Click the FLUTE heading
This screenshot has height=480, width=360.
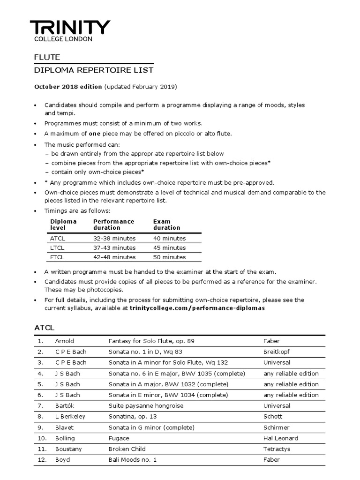(47, 57)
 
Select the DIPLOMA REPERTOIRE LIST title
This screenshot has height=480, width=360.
(94, 70)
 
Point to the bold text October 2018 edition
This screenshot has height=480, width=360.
(68, 87)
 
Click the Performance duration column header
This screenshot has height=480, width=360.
(113, 225)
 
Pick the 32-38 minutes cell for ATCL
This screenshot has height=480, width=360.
(114, 238)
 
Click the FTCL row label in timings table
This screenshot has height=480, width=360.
(57, 257)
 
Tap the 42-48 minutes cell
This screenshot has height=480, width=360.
(114, 257)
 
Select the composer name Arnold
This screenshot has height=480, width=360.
(65, 341)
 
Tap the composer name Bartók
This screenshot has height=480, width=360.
(65, 405)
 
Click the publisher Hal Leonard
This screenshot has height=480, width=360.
(281, 438)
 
